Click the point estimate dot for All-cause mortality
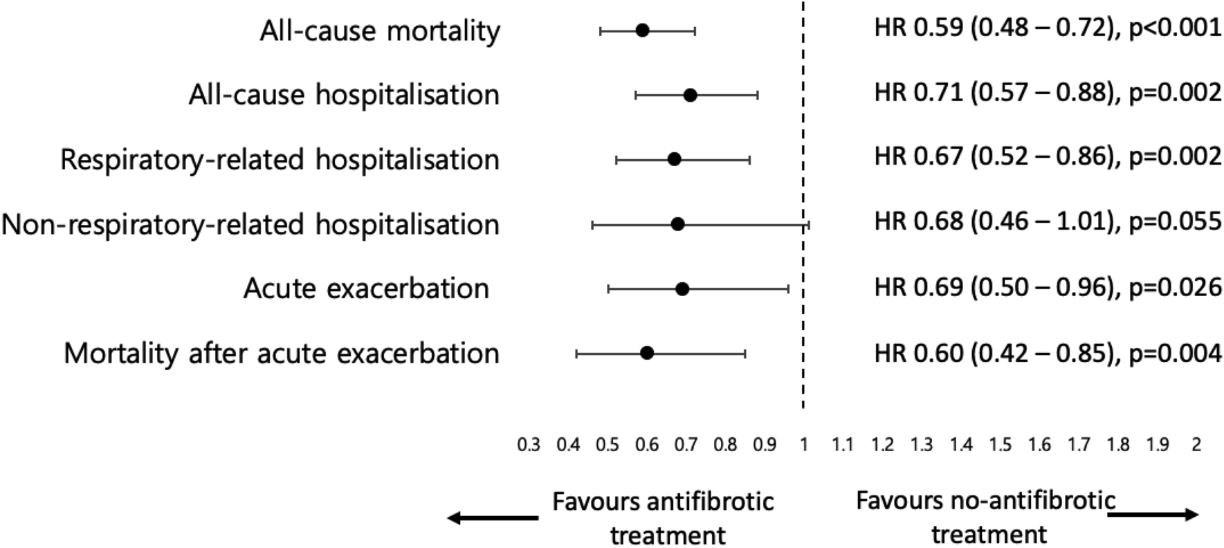tap(642, 30)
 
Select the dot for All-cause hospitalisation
tap(690, 95)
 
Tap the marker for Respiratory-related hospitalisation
tap(674, 160)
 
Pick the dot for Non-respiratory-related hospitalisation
tap(678, 224)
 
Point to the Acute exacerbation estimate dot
tap(682, 289)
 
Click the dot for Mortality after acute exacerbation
tap(647, 354)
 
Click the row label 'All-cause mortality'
tap(380, 31)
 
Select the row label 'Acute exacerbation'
tap(366, 289)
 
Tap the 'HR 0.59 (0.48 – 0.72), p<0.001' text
tap(1048, 28)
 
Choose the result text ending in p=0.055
tap(1048, 221)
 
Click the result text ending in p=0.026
tap(1048, 286)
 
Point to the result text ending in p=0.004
tap(1048, 353)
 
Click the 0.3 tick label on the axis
tap(529, 445)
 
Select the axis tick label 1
tap(803, 445)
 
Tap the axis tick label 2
tap(1196, 445)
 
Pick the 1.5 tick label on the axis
tap(1001, 445)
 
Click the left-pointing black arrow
tap(492, 518)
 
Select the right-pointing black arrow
tap(1154, 515)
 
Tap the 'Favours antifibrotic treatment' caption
tap(663, 518)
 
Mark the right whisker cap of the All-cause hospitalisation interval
tap(758, 95)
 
